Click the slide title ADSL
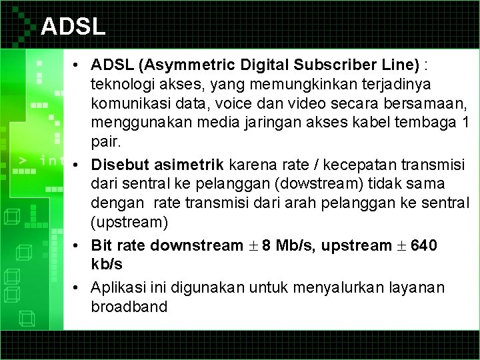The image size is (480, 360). [73, 27]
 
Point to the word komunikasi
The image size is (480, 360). [131, 105]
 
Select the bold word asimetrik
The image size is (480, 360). [195, 164]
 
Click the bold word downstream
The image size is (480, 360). [195, 245]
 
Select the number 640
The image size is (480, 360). [424, 245]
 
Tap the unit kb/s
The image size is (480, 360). [107, 264]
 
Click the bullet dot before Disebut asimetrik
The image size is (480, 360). [78, 164]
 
